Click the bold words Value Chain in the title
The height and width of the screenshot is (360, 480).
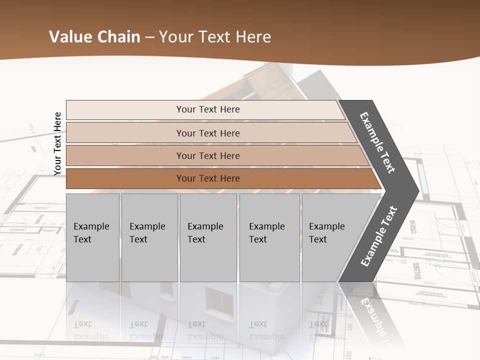[x=94, y=37]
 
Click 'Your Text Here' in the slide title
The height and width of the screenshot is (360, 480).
[x=215, y=37]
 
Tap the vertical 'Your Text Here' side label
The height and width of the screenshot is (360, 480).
[x=57, y=143]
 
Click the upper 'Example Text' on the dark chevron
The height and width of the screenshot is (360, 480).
[x=377, y=142]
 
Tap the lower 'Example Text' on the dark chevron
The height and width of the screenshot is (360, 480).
[x=379, y=236]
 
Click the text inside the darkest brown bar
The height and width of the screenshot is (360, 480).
[x=208, y=178]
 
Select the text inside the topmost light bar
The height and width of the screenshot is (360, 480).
[x=208, y=109]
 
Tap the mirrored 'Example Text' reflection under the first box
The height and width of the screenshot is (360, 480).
[x=91, y=330]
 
